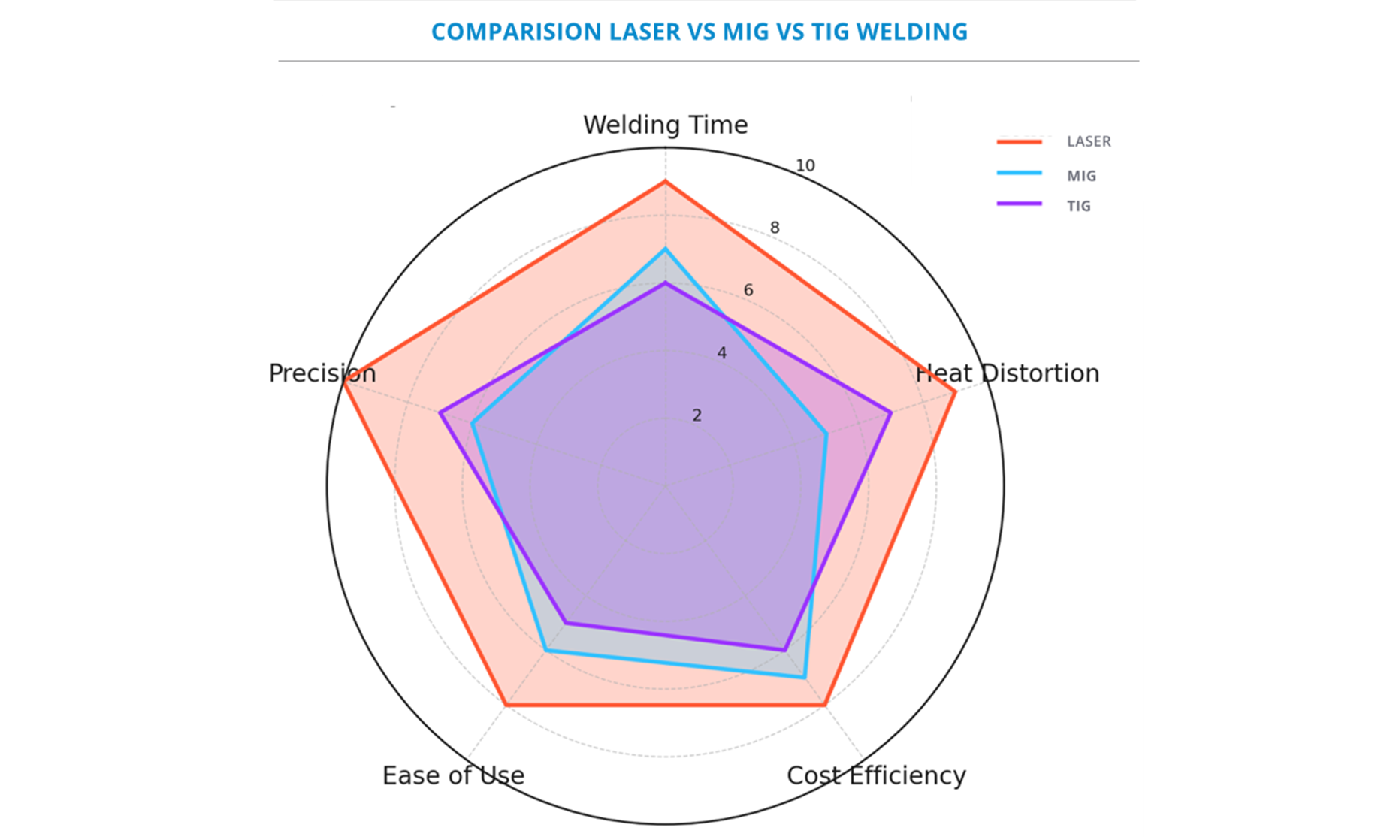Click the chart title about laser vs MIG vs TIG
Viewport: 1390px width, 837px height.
pyautogui.click(x=699, y=32)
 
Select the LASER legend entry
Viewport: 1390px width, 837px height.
pyautogui.click(x=1088, y=141)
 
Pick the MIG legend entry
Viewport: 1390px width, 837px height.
pyautogui.click(x=1081, y=176)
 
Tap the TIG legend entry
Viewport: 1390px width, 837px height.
pyautogui.click(x=1078, y=206)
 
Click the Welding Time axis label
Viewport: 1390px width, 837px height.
pyautogui.click(x=665, y=125)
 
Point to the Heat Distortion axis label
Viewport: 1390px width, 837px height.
pyautogui.click(x=1007, y=373)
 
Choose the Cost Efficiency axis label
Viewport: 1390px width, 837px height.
pyautogui.click(x=876, y=775)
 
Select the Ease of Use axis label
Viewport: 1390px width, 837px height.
pyautogui.click(x=453, y=775)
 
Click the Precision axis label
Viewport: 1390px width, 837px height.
pyautogui.click(x=322, y=373)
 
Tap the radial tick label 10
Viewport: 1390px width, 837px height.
pyautogui.click(x=805, y=165)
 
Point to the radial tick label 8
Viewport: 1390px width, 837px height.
pyautogui.click(x=775, y=228)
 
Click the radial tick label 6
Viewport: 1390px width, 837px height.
pyautogui.click(x=748, y=290)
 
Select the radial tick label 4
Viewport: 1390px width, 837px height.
pyautogui.click(x=721, y=352)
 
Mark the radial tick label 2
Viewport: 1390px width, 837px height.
pyautogui.click(x=697, y=415)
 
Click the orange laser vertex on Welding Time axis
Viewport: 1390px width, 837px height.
pyautogui.click(x=665, y=182)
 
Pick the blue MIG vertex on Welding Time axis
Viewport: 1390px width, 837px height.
pyautogui.click(x=665, y=249)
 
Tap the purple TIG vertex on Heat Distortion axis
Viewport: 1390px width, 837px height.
pyautogui.click(x=890, y=412)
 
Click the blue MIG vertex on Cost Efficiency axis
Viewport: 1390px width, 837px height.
pyautogui.click(x=805, y=678)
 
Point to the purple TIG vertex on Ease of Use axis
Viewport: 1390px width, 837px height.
pyautogui.click(x=566, y=623)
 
